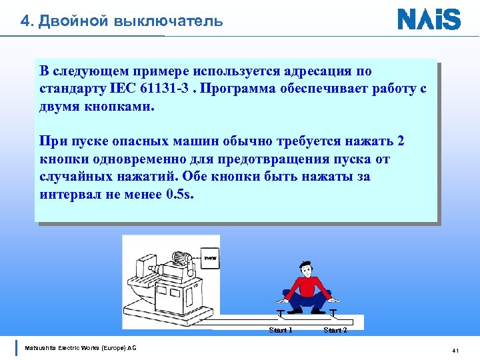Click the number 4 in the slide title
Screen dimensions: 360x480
[25, 21]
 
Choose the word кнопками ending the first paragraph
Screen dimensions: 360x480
[119, 106]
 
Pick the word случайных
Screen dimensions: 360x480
[77, 177]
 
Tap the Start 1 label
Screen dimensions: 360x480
[280, 330]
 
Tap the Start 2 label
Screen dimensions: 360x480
[335, 330]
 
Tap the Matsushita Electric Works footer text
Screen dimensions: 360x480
[80, 348]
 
